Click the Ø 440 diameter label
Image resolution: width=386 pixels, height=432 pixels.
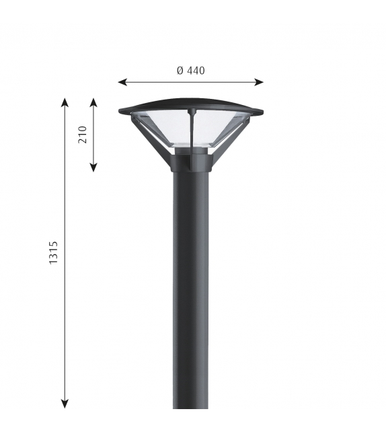coord(190,70)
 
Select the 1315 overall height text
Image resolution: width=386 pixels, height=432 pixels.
coord(53,252)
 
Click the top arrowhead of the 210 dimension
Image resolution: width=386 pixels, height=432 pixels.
coord(93,102)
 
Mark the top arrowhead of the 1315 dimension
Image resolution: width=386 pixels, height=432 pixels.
coord(65,102)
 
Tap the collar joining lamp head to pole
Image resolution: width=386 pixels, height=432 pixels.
coord(191,162)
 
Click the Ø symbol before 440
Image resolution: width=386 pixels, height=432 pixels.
coord(180,70)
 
